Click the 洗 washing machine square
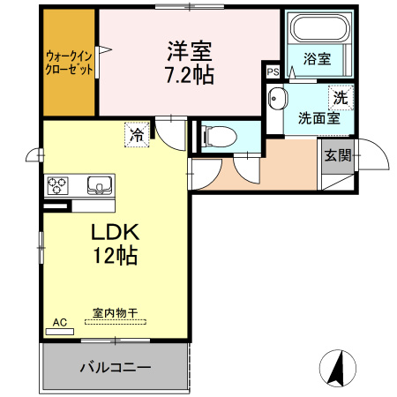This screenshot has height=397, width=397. (x=339, y=99)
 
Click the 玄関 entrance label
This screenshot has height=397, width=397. (x=337, y=155)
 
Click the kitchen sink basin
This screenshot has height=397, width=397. (x=98, y=185)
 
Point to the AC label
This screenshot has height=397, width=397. (x=60, y=323)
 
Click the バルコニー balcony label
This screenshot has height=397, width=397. (x=116, y=366)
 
